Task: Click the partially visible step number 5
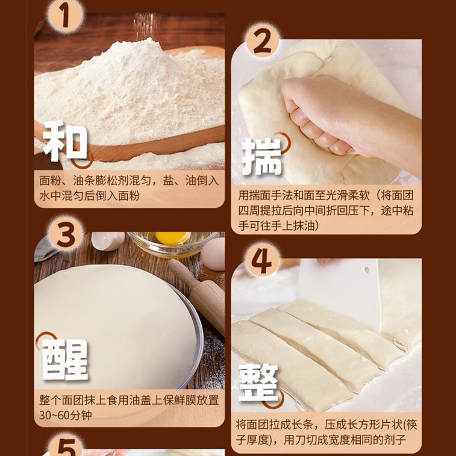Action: [x=67, y=448]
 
